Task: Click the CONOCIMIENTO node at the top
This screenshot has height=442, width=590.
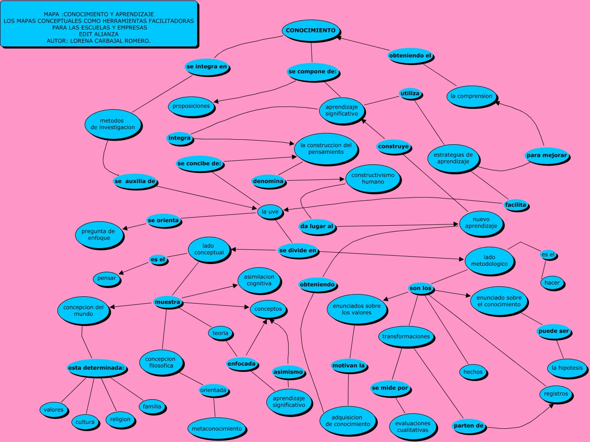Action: pyautogui.click(x=311, y=30)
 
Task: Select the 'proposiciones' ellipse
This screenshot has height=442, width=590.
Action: pyautogui.click(x=191, y=106)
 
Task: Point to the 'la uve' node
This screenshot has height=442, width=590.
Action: pyautogui.click(x=270, y=212)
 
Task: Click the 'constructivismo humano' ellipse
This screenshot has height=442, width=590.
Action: pyautogui.click(x=373, y=178)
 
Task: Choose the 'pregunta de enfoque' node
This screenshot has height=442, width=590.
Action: pyautogui.click(x=99, y=234)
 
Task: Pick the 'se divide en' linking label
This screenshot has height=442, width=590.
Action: pyautogui.click(x=298, y=250)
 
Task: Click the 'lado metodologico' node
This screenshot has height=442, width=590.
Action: pyautogui.click(x=489, y=261)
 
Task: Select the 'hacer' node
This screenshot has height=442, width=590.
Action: pyautogui.click(x=552, y=283)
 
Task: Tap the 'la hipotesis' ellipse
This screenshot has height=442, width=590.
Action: pyautogui.click(x=567, y=368)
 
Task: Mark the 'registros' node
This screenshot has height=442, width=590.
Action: pyautogui.click(x=556, y=394)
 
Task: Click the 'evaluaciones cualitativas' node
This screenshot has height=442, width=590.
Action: pyautogui.click(x=412, y=427)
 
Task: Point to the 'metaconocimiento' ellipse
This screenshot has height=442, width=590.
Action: pyautogui.click(x=217, y=429)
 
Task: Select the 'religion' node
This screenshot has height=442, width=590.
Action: pyautogui.click(x=120, y=419)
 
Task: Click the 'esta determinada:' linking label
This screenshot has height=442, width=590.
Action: pyautogui.click(x=96, y=368)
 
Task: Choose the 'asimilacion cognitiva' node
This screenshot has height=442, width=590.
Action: pyautogui.click(x=259, y=280)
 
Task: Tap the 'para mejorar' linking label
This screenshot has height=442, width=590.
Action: pyautogui.click(x=547, y=155)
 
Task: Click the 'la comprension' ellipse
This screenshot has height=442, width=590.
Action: pyautogui.click(x=471, y=97)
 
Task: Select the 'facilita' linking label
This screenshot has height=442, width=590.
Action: pyautogui.click(x=515, y=205)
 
